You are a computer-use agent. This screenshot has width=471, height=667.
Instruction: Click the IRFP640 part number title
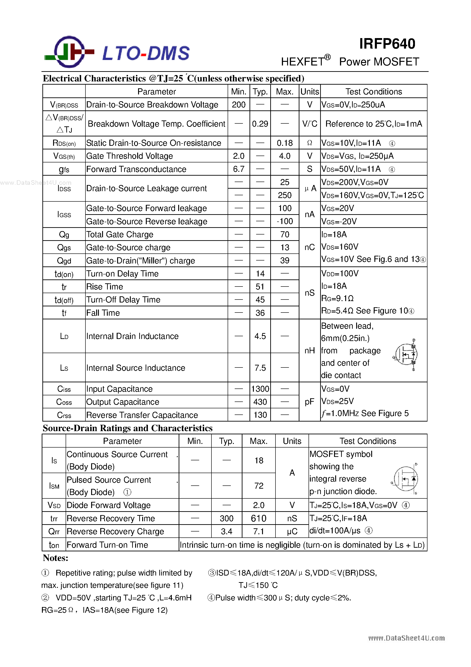[387, 44]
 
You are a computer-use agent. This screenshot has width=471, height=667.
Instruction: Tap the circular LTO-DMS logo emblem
[69, 52]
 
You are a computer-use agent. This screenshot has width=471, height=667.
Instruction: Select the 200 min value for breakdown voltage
[239, 104]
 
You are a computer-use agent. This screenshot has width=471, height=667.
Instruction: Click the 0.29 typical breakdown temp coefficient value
[260, 124]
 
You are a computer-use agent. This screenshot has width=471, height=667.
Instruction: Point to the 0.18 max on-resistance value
[284, 143]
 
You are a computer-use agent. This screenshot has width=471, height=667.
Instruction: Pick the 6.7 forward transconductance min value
[239, 169]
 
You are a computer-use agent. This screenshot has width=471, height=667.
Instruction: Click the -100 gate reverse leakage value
[284, 221]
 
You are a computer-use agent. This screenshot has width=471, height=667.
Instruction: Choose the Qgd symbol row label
[64, 261]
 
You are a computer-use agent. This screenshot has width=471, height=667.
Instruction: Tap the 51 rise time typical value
[260, 287]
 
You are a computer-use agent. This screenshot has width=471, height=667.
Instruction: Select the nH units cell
[309, 351]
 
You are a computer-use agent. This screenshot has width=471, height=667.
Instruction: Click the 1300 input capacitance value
[260, 389]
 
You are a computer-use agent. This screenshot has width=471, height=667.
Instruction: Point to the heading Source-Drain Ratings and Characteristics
[127, 428]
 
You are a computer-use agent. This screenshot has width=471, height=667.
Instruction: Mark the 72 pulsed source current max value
[259, 486]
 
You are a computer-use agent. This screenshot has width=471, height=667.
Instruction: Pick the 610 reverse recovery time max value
[259, 518]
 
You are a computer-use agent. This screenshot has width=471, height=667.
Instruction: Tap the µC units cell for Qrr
[292, 531]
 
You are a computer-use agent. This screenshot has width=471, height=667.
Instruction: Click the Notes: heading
[55, 558]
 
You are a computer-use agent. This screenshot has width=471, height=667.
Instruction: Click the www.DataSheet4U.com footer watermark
[406, 638]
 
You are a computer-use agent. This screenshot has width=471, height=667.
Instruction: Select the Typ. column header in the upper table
[260, 91]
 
